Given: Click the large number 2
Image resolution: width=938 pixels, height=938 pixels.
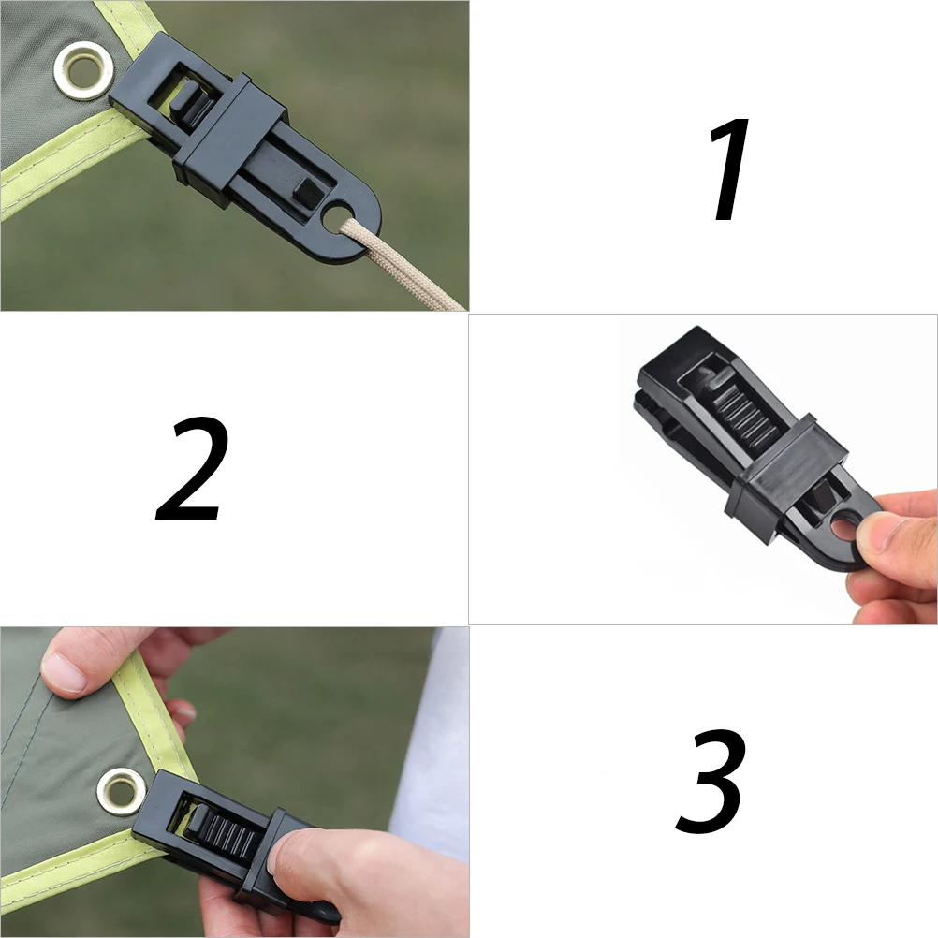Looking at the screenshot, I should pos(193,470).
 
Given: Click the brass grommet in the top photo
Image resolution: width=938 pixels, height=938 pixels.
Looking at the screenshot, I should pos(85,71).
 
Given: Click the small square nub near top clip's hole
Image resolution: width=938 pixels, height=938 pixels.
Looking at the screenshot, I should pos(307,191).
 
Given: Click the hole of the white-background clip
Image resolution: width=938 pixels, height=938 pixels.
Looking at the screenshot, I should pos(844,530).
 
